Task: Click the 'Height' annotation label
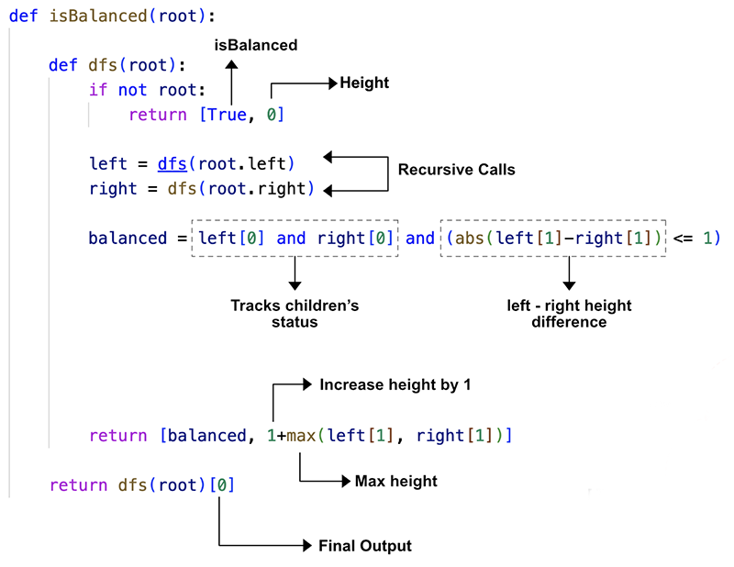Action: click(x=364, y=83)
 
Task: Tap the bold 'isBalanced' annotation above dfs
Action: click(x=256, y=45)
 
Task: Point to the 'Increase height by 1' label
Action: click(x=395, y=385)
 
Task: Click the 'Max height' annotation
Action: click(x=396, y=481)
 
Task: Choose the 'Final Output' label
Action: click(x=364, y=546)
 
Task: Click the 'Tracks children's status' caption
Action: click(x=294, y=314)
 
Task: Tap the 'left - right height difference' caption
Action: click(x=569, y=314)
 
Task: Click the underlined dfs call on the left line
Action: click(x=172, y=164)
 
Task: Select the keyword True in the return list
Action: click(x=226, y=115)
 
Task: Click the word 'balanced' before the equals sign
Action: click(x=128, y=239)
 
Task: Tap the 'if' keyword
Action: click(x=97, y=90)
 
